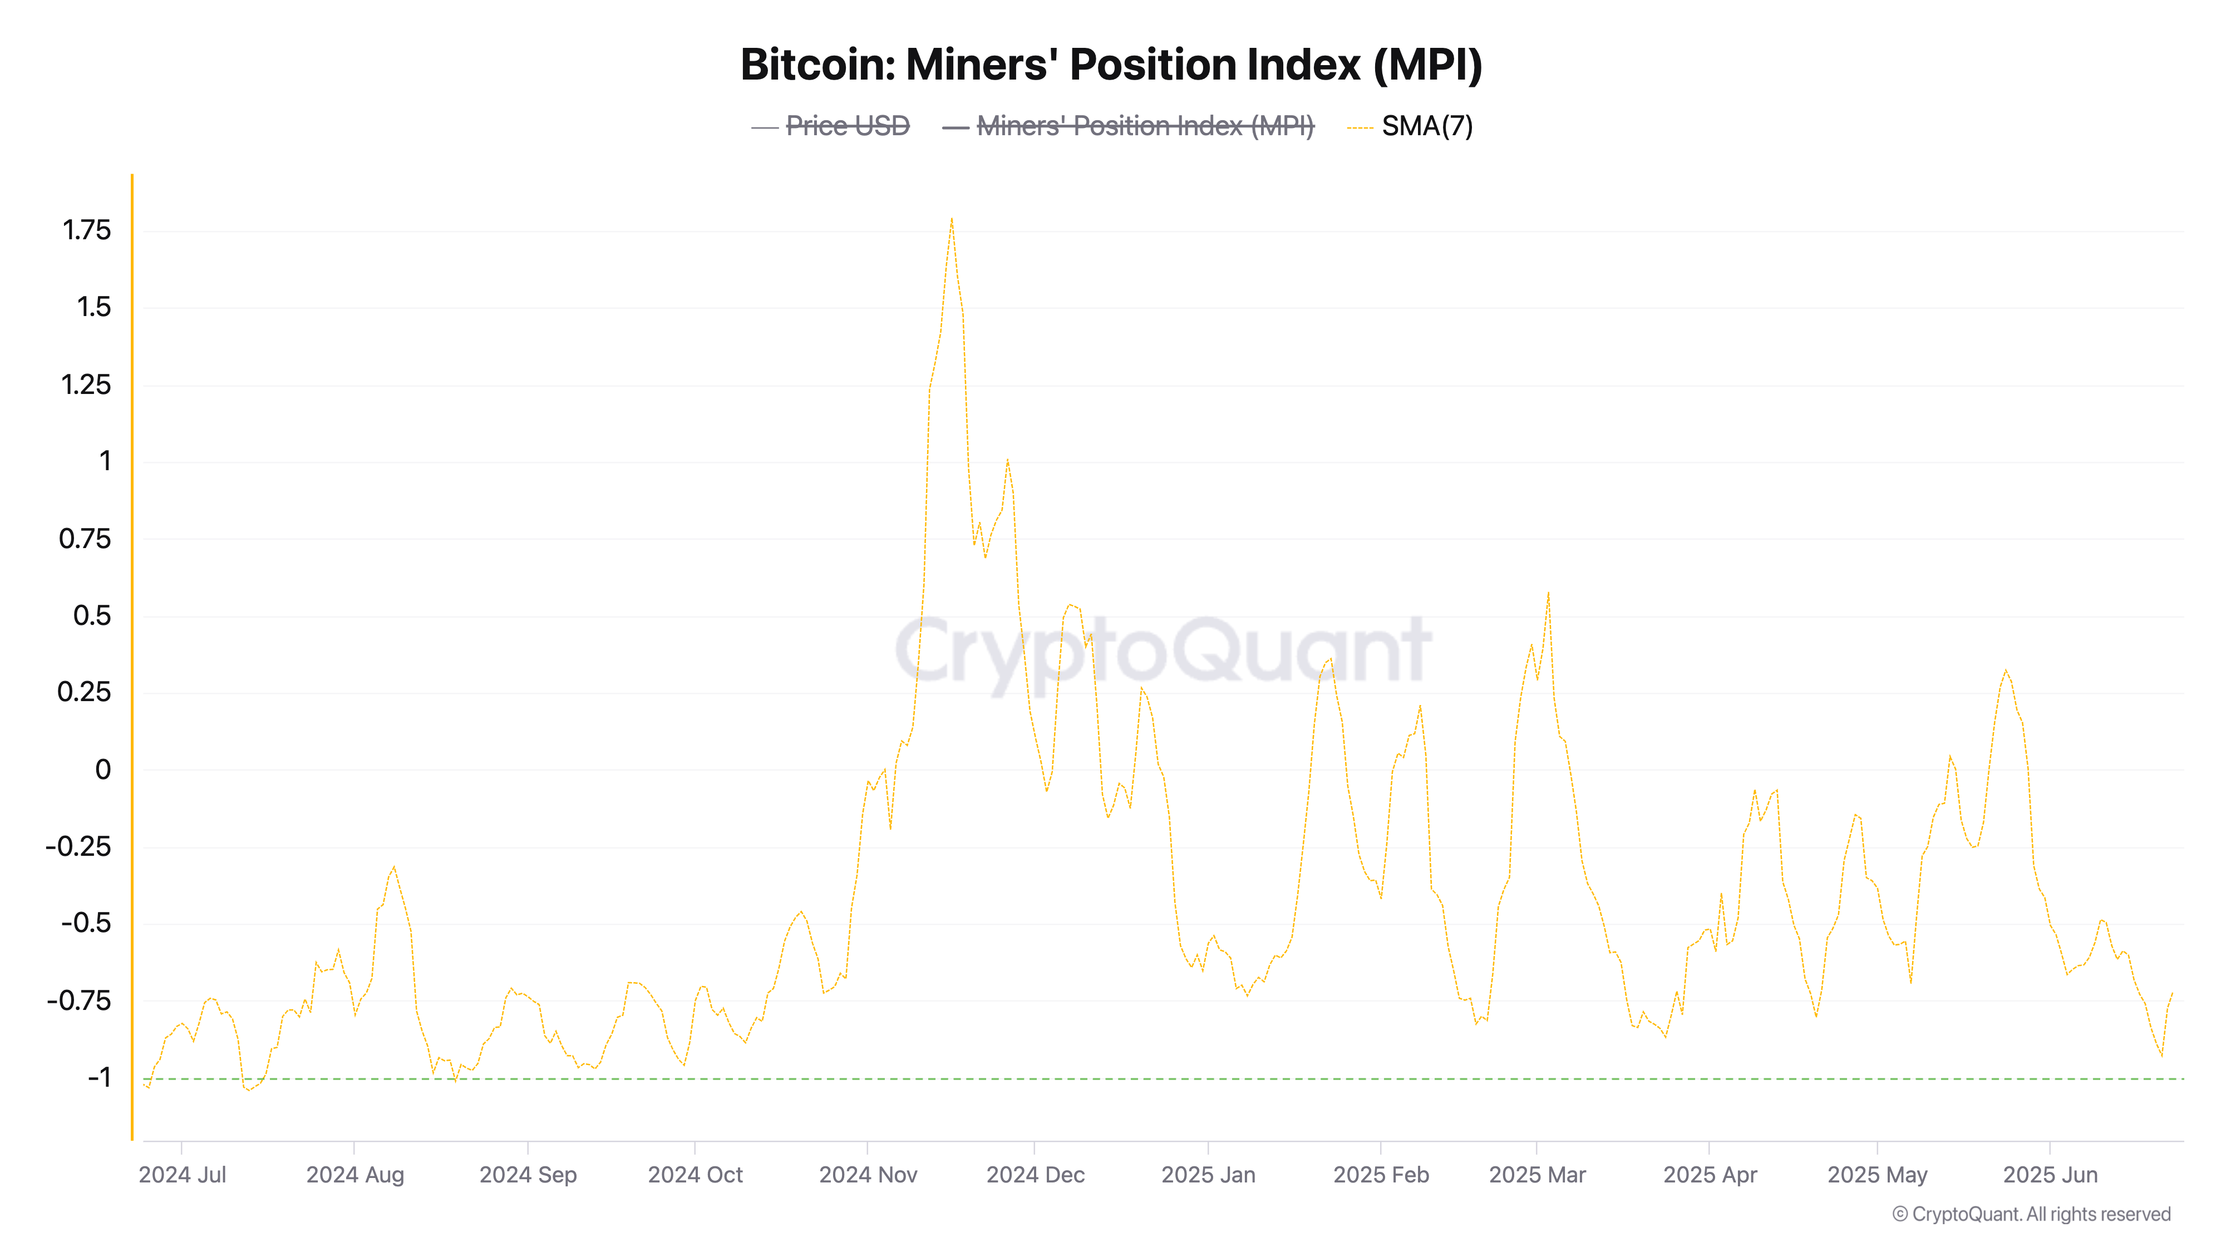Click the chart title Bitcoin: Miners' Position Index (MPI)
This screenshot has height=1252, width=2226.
1111,65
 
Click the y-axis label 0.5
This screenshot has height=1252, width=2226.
92,615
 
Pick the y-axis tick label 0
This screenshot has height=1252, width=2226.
103,769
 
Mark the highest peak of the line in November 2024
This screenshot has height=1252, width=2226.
952,219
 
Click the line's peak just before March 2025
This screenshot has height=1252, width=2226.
1548,593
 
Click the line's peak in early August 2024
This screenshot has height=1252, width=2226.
394,866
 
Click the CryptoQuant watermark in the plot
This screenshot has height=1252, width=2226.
1163,650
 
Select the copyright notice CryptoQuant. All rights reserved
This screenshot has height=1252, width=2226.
2031,1214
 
